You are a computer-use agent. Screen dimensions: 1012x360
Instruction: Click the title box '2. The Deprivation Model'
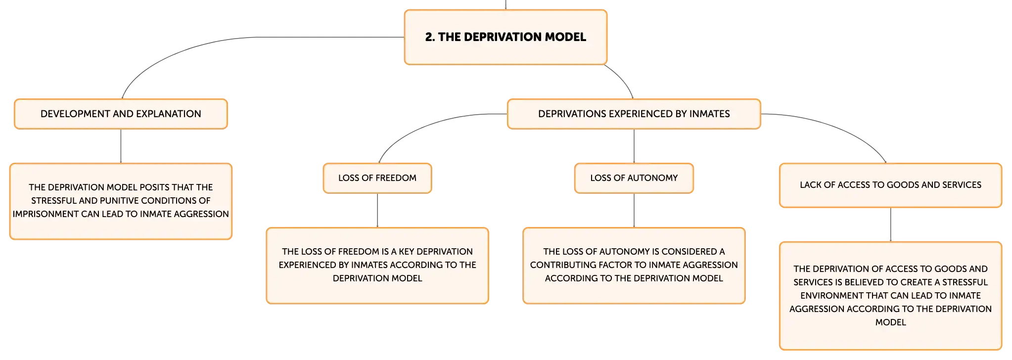tap(506, 37)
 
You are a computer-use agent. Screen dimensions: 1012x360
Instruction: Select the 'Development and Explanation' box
tap(121, 114)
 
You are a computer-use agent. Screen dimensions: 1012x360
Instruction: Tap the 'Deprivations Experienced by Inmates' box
tap(634, 114)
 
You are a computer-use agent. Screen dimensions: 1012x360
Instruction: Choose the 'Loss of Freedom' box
tap(377, 178)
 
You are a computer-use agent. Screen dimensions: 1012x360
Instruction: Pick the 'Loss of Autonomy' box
tap(634, 178)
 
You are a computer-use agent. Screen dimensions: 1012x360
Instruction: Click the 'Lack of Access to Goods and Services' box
tap(890, 185)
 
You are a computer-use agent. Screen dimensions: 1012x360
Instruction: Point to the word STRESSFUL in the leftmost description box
tap(54, 201)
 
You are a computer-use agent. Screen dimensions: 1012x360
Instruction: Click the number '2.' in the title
tap(430, 37)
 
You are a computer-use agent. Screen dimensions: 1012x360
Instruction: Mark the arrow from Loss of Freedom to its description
tap(377, 210)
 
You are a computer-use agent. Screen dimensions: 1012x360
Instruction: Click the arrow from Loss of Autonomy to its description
tap(634, 210)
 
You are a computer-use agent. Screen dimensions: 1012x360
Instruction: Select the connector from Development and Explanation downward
tap(121, 146)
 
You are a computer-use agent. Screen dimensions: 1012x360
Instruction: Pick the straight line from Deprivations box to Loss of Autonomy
tap(634, 146)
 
